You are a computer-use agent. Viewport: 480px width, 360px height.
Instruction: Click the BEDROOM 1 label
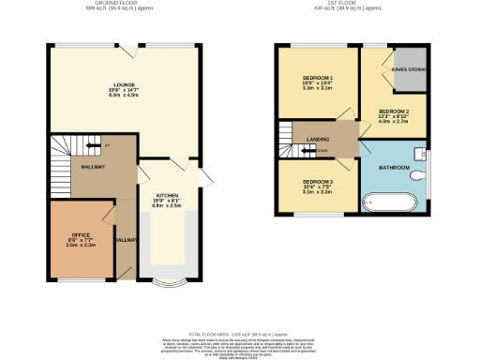coord(318,77)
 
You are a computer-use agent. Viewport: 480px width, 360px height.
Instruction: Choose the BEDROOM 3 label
coord(317,181)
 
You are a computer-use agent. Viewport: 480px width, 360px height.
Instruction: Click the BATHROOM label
coord(394,167)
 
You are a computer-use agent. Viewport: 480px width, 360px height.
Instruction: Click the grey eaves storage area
coord(411,70)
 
